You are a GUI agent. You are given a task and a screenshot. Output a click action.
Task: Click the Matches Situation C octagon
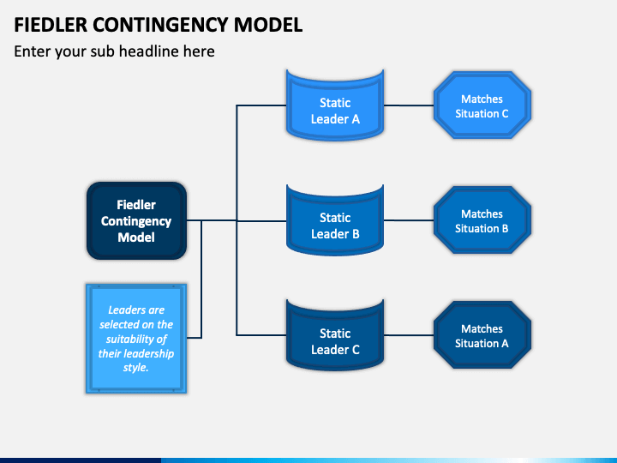(482, 105)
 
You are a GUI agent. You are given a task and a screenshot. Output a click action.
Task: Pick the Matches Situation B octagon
(482, 220)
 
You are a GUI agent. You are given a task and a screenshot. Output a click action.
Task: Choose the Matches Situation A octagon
(482, 335)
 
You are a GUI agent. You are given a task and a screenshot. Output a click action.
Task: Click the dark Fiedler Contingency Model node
(136, 220)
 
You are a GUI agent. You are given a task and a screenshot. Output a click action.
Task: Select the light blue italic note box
(136, 339)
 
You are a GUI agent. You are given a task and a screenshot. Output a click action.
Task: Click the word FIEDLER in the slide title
(51, 25)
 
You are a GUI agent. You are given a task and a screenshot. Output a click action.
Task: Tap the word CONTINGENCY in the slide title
(160, 25)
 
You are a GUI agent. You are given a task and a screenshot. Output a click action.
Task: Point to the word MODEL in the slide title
(268, 25)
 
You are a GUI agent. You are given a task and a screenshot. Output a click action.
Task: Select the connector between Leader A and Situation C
(409, 105)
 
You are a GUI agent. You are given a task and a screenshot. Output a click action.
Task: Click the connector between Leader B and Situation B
(409, 220)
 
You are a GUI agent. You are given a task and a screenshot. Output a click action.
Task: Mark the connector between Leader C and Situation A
(409, 335)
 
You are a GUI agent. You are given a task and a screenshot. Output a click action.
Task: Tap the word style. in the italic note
(135, 368)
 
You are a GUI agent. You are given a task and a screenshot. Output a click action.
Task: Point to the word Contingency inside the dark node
(136, 221)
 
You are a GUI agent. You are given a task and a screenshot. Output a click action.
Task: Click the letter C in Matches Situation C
(505, 114)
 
